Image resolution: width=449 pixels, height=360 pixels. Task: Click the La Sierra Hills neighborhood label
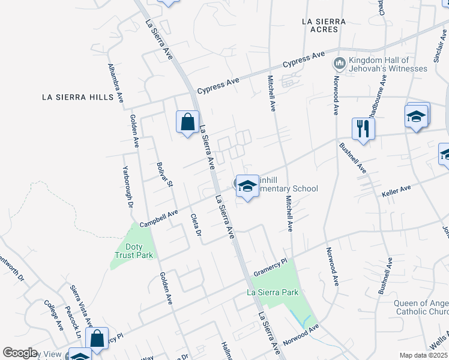click(x=78, y=97)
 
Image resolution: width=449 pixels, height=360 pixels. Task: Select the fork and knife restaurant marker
click(x=363, y=128)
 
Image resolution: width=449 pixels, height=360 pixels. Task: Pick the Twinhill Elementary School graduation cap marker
click(x=246, y=186)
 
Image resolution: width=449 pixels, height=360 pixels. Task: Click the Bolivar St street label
click(x=164, y=173)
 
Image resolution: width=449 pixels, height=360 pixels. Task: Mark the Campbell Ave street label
click(x=159, y=217)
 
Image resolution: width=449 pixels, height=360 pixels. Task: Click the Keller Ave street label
click(x=396, y=191)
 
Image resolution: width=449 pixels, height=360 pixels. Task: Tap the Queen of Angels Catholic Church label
click(x=421, y=307)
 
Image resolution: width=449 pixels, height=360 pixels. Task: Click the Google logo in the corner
click(x=20, y=353)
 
